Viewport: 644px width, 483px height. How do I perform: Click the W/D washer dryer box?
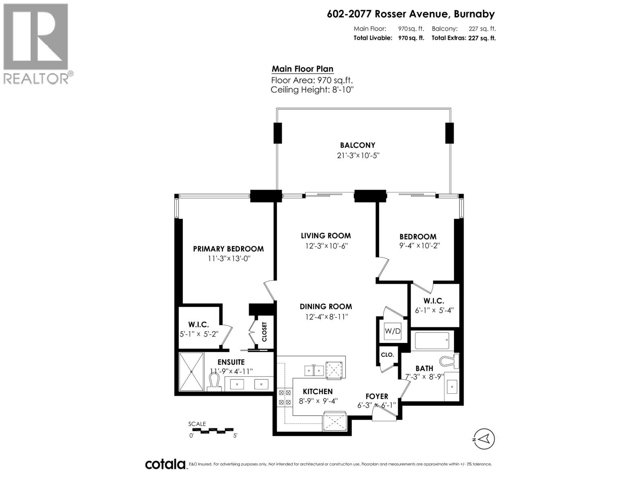pyautogui.click(x=392, y=331)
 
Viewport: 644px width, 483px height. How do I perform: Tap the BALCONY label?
pyautogui.click(x=357, y=145)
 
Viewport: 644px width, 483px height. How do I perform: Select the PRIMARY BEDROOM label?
pyautogui.click(x=228, y=249)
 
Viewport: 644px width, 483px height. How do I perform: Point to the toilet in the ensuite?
pyautogui.click(x=215, y=382)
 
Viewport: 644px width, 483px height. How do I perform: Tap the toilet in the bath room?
pyautogui.click(x=449, y=360)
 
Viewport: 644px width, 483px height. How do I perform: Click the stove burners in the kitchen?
pyautogui.click(x=285, y=397)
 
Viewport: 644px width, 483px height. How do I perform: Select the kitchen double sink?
pyautogui.click(x=314, y=370)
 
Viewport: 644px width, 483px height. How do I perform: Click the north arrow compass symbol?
pyautogui.click(x=484, y=438)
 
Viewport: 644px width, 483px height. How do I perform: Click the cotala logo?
pyautogui.click(x=165, y=464)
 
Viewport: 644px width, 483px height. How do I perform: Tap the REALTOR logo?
pyautogui.click(x=36, y=43)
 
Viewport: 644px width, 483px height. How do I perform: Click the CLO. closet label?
pyautogui.click(x=387, y=355)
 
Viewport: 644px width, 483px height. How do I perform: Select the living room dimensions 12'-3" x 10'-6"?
pyautogui.click(x=326, y=246)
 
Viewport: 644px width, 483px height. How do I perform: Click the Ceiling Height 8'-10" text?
pyautogui.click(x=312, y=90)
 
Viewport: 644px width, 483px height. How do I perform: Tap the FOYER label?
pyautogui.click(x=377, y=396)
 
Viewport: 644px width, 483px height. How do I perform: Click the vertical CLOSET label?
pyautogui.click(x=264, y=332)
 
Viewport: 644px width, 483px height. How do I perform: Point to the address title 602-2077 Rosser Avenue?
pyautogui.click(x=411, y=14)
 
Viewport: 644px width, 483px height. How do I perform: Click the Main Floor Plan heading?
pyautogui.click(x=302, y=69)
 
